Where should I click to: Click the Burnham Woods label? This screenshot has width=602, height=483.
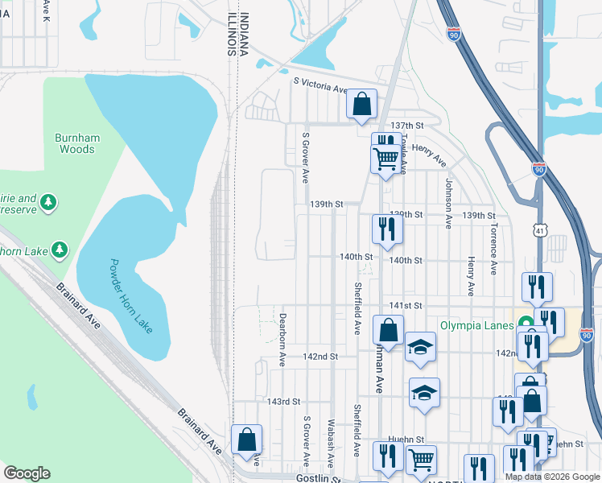coord(76,143)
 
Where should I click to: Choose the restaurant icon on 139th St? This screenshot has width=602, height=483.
coord(387,229)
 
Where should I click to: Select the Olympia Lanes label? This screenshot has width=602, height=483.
coord(478,325)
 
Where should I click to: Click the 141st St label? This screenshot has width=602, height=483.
coord(406,306)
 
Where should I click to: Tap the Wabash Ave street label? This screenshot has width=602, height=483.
coord(331,442)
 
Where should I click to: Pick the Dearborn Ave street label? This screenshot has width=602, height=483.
coord(282,340)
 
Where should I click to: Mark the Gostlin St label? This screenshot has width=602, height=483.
coord(317,478)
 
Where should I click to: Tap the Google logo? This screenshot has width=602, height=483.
coord(27,473)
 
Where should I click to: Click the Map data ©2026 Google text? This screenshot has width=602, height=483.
coord(551,477)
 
